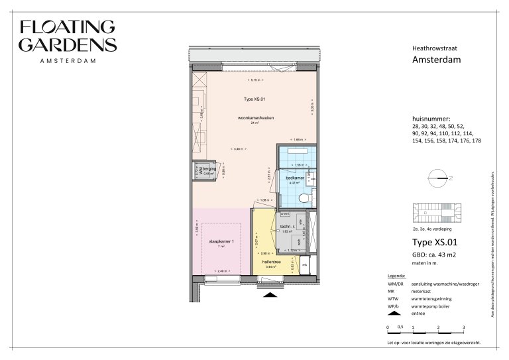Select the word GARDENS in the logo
pos(68,44)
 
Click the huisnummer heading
pos(432,119)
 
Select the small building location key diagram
pos(437,213)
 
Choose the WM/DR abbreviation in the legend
pos(396,284)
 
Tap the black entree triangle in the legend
pos(392,315)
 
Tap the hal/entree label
pos(267,261)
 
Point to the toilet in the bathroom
pos(305,198)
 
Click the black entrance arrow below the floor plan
pos(269,296)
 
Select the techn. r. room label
pos(288,227)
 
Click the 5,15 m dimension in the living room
pos(254,79)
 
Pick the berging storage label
pos(209,170)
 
